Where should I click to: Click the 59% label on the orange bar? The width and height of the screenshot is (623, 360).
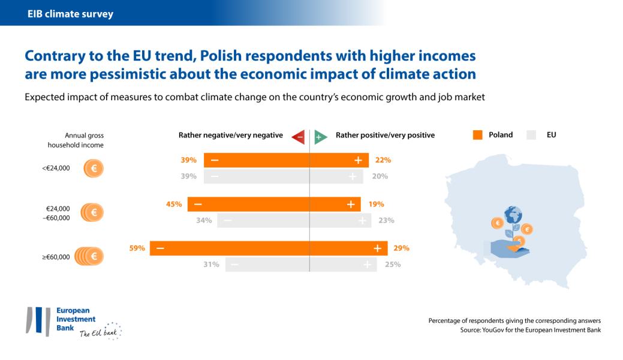click(x=137, y=248)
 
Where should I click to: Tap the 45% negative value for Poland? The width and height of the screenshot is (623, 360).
click(x=174, y=204)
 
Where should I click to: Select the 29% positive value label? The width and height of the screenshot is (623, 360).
click(x=401, y=248)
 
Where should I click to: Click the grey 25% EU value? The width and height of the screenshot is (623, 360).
click(x=392, y=265)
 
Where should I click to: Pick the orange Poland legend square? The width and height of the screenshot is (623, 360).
click(x=478, y=135)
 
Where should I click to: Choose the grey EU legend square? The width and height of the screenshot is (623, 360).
click(x=531, y=135)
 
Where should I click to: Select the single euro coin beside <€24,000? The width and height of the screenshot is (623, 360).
click(x=94, y=168)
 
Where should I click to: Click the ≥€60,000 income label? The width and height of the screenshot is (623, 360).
click(x=56, y=257)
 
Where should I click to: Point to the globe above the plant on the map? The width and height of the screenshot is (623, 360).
click(x=513, y=214)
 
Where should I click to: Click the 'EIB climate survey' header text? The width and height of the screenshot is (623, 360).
click(x=70, y=13)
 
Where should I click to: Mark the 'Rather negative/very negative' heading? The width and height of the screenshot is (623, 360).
click(x=231, y=135)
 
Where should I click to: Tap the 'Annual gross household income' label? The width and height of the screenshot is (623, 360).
click(x=76, y=140)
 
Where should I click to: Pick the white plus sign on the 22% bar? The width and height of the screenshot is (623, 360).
click(x=358, y=160)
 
